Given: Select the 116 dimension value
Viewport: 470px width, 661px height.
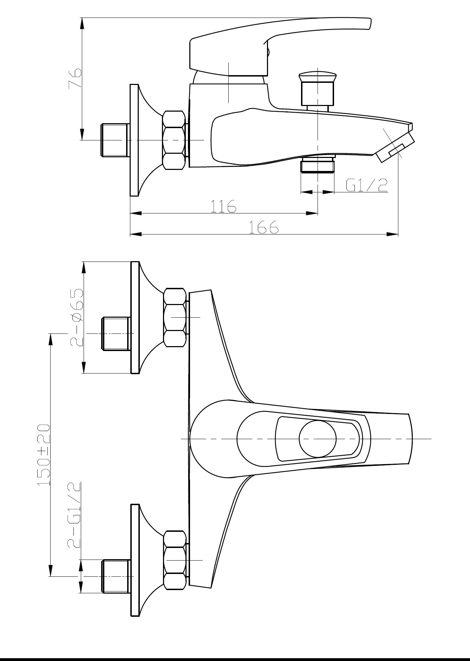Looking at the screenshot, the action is point(223,206).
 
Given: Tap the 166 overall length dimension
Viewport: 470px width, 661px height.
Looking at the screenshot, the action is point(263,227).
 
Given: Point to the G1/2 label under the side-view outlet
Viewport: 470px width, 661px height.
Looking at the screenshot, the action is point(367,185).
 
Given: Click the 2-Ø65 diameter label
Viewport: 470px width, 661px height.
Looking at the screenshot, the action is point(77,317).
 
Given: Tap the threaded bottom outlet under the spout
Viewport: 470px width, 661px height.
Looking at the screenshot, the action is point(317,165).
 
